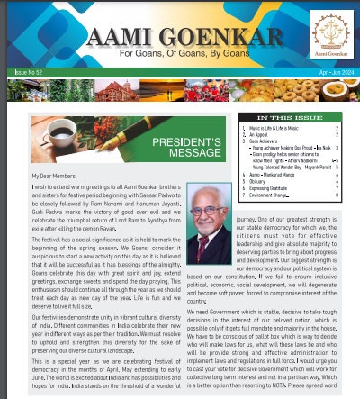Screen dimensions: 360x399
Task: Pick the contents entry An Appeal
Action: tap(261, 135)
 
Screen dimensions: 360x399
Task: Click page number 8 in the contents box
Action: tap(337, 194)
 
